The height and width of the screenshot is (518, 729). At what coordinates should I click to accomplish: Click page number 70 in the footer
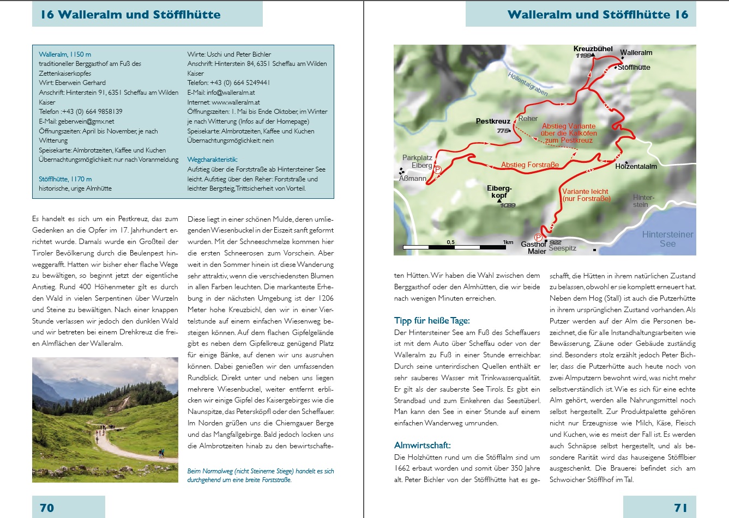(x=47, y=508)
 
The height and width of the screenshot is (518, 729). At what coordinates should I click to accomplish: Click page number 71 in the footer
(x=680, y=508)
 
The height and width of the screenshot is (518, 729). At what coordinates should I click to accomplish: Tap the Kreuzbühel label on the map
(x=593, y=49)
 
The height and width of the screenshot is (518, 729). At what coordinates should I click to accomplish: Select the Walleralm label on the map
(x=636, y=53)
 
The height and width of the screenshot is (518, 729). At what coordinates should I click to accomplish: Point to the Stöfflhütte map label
(x=634, y=68)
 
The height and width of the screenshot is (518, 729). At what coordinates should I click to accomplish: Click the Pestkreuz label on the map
(x=493, y=121)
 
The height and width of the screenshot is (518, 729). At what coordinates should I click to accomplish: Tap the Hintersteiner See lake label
(x=667, y=239)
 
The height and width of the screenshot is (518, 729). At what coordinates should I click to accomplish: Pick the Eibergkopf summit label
(x=499, y=192)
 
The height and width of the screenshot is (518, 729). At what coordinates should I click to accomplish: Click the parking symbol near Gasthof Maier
(x=538, y=237)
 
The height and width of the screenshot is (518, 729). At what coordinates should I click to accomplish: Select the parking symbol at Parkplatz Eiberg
(x=437, y=170)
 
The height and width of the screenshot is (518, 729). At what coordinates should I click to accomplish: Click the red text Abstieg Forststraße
(x=529, y=165)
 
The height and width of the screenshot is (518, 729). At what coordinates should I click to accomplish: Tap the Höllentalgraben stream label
(x=528, y=84)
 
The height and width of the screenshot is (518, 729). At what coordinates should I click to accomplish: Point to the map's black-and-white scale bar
(x=455, y=247)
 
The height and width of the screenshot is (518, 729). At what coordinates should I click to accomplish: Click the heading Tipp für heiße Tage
(x=432, y=321)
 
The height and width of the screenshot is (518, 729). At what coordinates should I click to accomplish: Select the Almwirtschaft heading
(x=423, y=446)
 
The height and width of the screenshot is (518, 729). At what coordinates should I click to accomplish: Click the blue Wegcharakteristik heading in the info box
(x=212, y=160)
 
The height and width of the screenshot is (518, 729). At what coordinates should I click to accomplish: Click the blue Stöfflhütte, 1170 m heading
(x=65, y=179)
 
